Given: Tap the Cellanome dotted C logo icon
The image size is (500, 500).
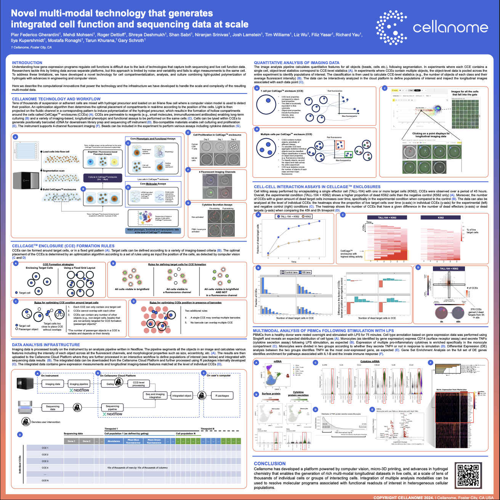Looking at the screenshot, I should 391,27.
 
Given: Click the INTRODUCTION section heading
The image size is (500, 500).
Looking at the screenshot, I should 27,63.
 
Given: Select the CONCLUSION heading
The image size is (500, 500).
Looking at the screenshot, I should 269,463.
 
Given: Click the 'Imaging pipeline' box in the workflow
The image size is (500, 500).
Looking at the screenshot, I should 79,384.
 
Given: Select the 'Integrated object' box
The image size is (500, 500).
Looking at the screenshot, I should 182,395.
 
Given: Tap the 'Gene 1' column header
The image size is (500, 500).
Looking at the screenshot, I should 71,441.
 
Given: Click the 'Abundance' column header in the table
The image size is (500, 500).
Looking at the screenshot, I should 114,441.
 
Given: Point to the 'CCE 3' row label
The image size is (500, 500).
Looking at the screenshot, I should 45,461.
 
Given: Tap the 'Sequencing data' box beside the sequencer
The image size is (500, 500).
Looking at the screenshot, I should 53,408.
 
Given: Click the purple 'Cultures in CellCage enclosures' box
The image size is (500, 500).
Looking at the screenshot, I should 103,178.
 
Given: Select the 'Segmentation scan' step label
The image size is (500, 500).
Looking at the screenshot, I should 53,171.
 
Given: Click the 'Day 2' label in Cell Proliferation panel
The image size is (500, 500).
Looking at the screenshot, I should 233,139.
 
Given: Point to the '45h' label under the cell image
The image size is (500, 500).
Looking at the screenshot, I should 458,321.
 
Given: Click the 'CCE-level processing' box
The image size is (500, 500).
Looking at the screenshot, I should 139,384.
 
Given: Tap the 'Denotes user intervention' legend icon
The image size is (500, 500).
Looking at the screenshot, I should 26,422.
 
